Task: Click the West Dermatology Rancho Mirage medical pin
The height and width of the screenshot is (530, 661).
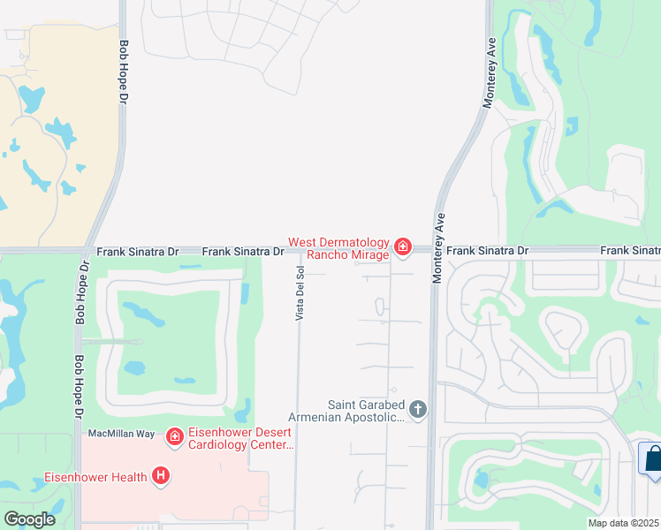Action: click(403, 246)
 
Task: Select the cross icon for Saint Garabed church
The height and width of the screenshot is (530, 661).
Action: click(418, 409)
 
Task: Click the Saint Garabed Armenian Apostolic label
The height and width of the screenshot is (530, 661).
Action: click(346, 412)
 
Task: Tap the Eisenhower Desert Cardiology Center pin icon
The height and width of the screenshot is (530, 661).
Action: click(174, 435)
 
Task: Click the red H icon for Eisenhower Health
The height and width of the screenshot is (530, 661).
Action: click(161, 476)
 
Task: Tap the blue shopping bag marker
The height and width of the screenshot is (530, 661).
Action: click(652, 460)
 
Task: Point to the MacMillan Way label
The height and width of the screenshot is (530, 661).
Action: click(121, 434)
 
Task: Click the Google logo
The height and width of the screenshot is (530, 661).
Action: click(30, 519)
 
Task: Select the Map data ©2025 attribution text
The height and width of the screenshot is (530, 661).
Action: click(623, 523)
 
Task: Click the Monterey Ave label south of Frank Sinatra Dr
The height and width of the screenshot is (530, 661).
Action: click(436, 247)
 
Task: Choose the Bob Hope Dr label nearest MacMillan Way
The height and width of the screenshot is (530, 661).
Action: click(79, 387)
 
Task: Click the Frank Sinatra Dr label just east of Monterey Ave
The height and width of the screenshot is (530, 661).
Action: click(487, 252)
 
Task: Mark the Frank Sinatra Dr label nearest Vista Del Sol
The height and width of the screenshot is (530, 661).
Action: click(243, 252)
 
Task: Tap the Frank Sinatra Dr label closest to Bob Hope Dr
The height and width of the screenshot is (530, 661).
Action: click(137, 252)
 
